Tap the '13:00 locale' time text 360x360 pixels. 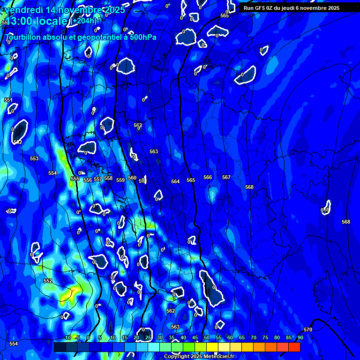(38, 21)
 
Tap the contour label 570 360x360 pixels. (308, 330)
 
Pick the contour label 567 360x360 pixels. (226, 177)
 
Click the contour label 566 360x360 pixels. (208, 177)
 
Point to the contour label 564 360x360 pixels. (175, 181)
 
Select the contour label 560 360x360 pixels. (132, 178)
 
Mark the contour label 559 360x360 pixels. (120, 180)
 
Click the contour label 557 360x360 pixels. (98, 180)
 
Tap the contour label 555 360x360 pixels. (75, 179)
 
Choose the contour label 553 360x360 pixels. (34, 159)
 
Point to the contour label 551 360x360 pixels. (8, 100)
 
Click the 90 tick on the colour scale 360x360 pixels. (300, 338)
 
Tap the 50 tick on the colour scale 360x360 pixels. (207, 338)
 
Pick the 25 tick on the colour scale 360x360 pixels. (148, 338)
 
